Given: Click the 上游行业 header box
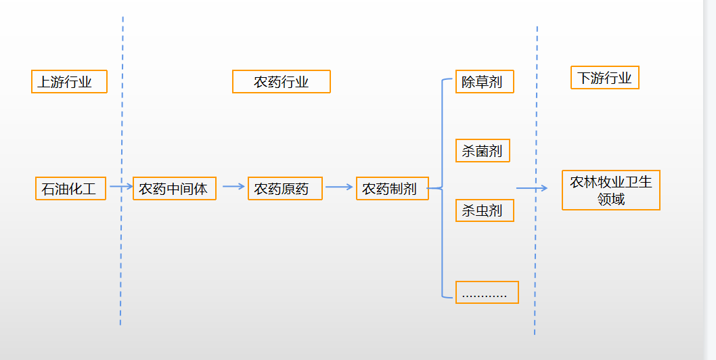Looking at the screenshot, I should pyautogui.click(x=69, y=82).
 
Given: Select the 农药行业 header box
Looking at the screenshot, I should pyautogui.click(x=281, y=82).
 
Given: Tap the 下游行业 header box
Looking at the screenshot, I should pyautogui.click(x=604, y=78).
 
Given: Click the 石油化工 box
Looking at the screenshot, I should pyautogui.click(x=70, y=188).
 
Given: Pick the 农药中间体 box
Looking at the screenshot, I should pyautogui.click(x=174, y=188).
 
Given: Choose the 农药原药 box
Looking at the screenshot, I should pyautogui.click(x=285, y=188).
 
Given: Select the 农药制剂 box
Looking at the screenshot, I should pyautogui.click(x=393, y=188).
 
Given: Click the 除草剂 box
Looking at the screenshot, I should pyautogui.click(x=484, y=82).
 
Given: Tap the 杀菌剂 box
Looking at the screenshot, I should pyautogui.click(x=482, y=151).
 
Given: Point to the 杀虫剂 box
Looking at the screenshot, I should pyautogui.click(x=484, y=210).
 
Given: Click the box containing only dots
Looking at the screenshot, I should pyautogui.click(x=487, y=292).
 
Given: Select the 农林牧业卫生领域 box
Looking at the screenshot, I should pyautogui.click(x=610, y=190).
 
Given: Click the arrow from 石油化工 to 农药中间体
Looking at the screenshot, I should pyautogui.click(x=120, y=186).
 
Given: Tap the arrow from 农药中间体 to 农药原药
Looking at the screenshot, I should pyautogui.click(x=233, y=186).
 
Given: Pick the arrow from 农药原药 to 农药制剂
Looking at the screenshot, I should pyautogui.click(x=340, y=187).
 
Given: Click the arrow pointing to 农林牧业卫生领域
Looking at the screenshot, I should pyautogui.click(x=532, y=188).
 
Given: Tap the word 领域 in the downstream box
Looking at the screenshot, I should pyautogui.click(x=610, y=199).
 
